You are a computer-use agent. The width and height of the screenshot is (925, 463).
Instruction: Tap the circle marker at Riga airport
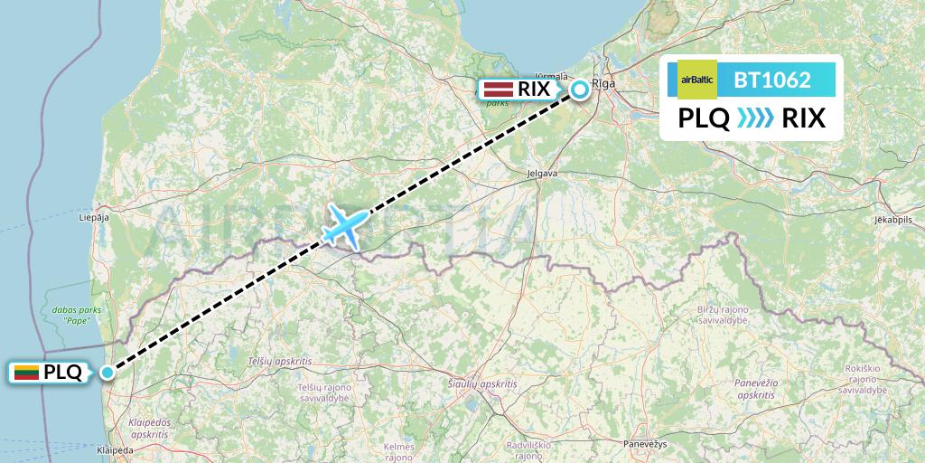pyautogui.click(x=579, y=89)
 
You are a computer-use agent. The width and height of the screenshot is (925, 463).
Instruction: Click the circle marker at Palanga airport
pyautogui.click(x=108, y=372)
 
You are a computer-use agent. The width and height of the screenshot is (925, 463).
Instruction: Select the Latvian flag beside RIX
pyautogui.click(x=499, y=89)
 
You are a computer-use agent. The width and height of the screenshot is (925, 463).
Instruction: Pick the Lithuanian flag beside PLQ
pyautogui.click(x=26, y=372)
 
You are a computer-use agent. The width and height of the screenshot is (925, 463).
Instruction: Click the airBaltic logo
pyautogui.click(x=696, y=80)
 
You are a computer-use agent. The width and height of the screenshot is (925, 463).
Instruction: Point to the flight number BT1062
pyautogui.click(x=771, y=80)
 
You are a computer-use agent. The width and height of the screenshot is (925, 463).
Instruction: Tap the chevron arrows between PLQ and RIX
pyautogui.click(x=755, y=118)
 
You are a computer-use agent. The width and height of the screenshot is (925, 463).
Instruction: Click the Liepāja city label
pyautogui.click(x=94, y=218)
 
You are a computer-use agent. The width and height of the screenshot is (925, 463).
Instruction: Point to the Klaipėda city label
pyautogui.click(x=113, y=449)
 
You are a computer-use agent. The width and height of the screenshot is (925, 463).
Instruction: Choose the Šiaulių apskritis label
pyautogui.click(x=482, y=384)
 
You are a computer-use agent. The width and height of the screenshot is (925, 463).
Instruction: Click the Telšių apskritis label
pyautogui.click(x=279, y=361)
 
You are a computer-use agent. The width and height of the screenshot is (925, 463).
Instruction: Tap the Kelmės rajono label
pyautogui.click(x=398, y=451)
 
